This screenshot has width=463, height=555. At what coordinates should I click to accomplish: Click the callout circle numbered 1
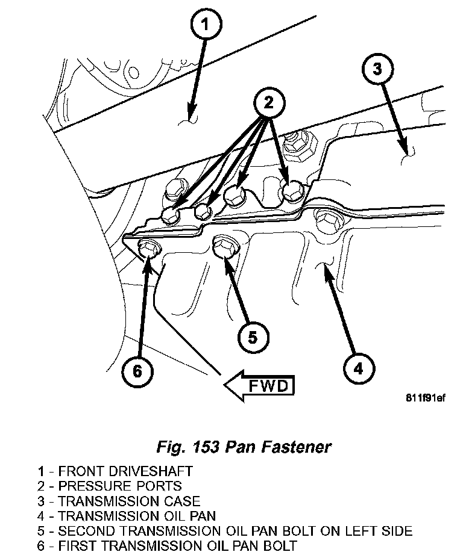tap(205, 26)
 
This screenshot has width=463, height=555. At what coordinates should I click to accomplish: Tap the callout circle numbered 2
tap(268, 104)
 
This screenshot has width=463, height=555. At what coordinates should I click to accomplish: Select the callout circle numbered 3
tap(376, 69)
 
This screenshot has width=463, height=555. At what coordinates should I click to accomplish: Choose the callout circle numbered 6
tap(137, 371)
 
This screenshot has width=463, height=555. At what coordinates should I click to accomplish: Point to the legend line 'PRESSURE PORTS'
tap(109, 486)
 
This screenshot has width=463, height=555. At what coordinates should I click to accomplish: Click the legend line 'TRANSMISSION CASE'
tap(118, 501)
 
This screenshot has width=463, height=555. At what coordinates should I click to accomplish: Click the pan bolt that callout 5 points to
tap(225, 246)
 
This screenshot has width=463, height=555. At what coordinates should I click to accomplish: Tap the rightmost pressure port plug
tap(293, 191)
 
